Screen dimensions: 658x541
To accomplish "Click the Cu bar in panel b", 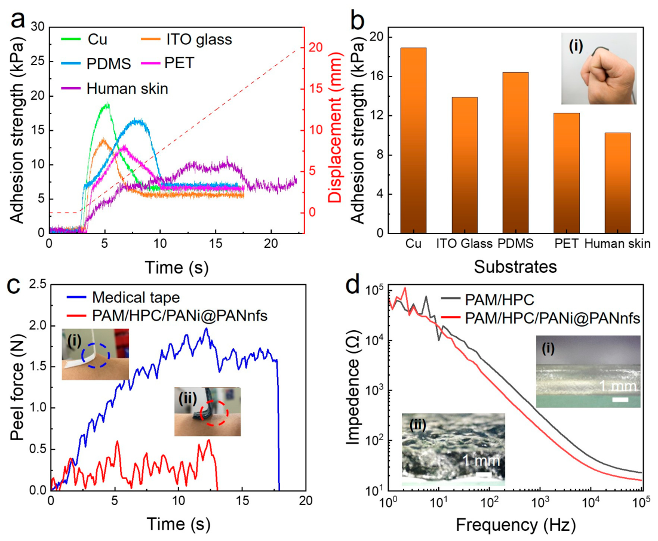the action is tap(413, 140).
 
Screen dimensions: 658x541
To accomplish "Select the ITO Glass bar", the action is tap(465, 165).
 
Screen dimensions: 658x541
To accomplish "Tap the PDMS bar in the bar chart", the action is tap(516, 153).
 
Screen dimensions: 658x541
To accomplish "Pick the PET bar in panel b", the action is tap(567, 173).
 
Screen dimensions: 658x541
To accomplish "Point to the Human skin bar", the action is tap(618, 183).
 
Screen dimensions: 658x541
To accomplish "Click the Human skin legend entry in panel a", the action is tap(115, 88).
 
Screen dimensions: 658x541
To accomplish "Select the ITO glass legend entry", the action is tap(186, 39).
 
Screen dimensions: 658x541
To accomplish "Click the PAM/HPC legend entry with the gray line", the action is tap(488, 300).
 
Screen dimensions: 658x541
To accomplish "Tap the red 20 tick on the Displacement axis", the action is tap(316, 47).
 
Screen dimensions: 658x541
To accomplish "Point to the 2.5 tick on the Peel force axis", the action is tap(38, 285).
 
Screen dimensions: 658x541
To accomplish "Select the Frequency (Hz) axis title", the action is tap(516, 525).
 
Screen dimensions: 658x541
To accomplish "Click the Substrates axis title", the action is tap(515, 266).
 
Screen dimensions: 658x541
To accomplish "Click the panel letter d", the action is tap(353, 285).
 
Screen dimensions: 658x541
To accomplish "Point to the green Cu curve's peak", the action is tap(108, 104).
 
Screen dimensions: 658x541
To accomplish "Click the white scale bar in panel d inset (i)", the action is tap(620, 399).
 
